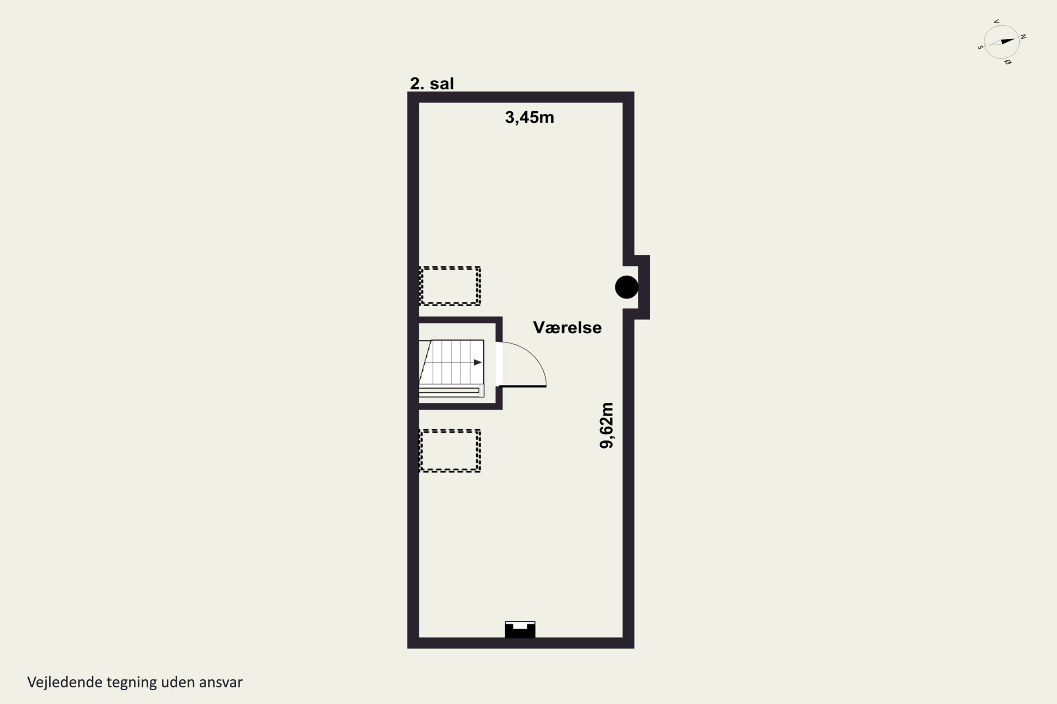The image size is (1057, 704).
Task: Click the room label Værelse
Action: (567, 327)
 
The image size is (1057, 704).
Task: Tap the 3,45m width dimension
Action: (530, 117)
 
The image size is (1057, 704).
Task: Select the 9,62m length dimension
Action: (606, 425)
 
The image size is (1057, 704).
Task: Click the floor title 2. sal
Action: (432, 83)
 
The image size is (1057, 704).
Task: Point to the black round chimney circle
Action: (626, 287)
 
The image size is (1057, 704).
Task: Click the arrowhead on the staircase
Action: (478, 362)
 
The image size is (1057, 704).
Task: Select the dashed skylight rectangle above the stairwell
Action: (450, 286)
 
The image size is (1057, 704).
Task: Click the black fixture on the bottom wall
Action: (520, 629)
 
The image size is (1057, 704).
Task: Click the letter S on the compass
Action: (980, 47)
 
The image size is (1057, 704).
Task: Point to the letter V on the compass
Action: (996, 21)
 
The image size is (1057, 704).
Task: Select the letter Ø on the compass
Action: (1008, 62)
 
